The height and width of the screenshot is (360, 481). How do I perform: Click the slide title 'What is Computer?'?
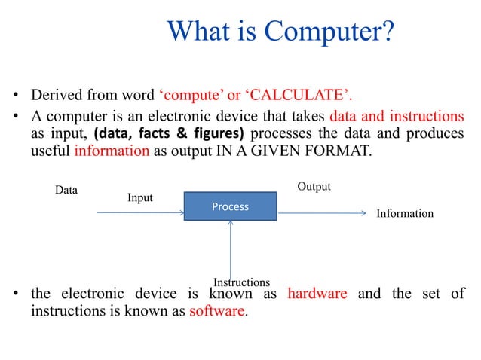(280, 32)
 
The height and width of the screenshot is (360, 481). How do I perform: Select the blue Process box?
(230, 206)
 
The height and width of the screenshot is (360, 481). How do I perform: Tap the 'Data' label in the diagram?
(66, 191)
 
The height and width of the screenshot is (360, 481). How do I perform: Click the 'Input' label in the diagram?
(139, 197)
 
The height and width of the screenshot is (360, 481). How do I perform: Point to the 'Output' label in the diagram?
(314, 186)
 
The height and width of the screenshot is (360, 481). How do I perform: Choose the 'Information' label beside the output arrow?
(405, 213)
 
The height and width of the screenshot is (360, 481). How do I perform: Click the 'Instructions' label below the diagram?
(241, 282)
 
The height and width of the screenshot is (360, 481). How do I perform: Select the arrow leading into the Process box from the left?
(140, 212)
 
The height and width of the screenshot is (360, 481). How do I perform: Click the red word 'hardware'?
(317, 294)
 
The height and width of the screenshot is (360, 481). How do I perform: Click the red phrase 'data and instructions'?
(397, 117)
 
